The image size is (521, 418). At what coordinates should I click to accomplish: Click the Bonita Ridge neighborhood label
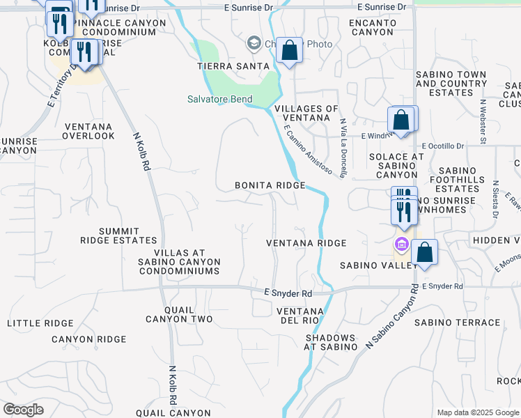tap(270, 185)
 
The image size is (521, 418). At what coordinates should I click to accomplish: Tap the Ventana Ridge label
tap(306, 243)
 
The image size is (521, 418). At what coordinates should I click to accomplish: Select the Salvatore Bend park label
tap(219, 99)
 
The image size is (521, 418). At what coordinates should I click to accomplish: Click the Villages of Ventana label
tap(306, 114)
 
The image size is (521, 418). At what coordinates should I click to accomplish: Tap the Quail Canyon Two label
tap(178, 314)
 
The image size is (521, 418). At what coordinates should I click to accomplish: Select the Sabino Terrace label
tap(457, 323)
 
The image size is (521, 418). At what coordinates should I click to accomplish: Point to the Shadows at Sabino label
tap(331, 341)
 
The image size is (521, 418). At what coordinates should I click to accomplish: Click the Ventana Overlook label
tap(88, 131)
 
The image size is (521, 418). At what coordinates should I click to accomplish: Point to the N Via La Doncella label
tap(343, 147)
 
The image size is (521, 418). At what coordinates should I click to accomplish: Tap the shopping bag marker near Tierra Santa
tap(289, 50)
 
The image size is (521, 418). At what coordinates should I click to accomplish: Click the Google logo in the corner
tap(23, 410)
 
